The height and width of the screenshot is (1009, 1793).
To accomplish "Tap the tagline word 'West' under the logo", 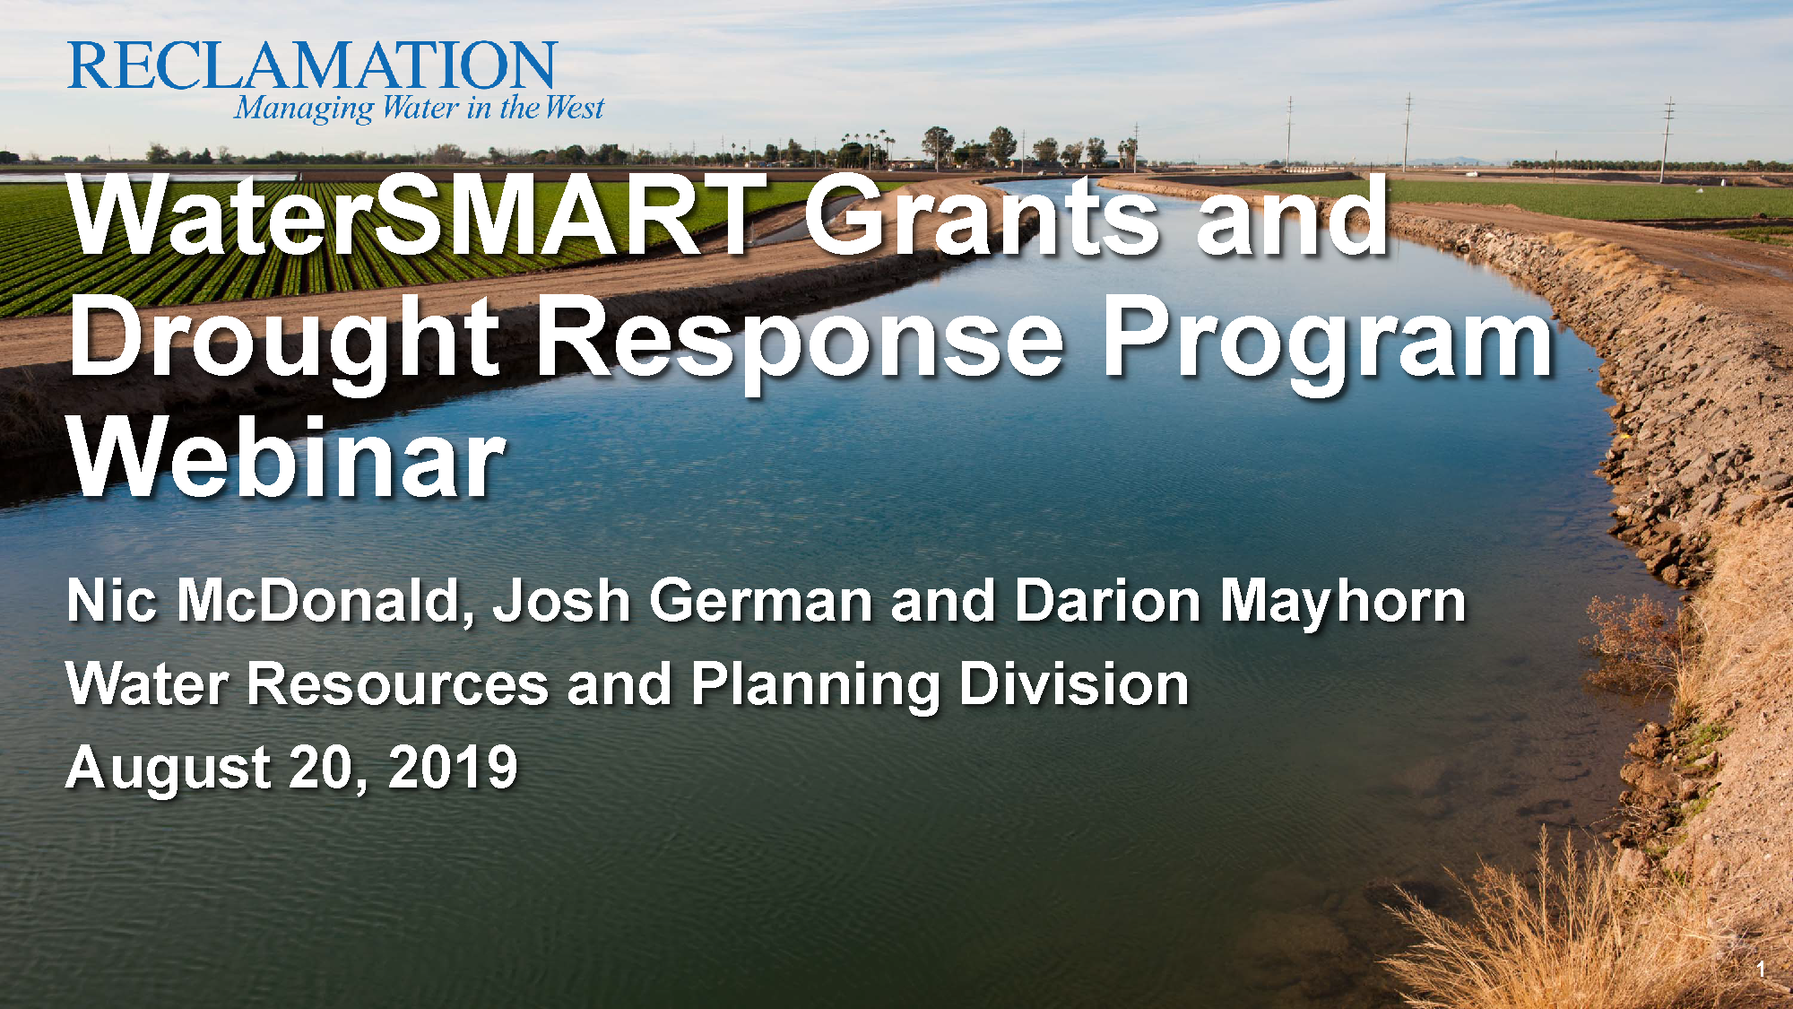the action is [575, 109].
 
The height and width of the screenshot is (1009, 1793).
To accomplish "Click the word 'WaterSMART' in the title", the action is [416, 215].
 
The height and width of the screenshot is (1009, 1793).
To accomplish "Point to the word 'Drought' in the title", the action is [284, 341].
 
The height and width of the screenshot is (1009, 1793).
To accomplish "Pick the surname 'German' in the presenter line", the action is [761, 600].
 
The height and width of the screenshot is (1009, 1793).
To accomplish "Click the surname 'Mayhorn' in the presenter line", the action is [1343, 602].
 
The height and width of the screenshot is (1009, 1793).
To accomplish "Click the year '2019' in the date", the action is [453, 768].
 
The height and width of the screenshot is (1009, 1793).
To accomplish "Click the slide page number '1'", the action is [1761, 970].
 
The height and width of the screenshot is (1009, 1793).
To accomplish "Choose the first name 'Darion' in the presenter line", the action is [1107, 600].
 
